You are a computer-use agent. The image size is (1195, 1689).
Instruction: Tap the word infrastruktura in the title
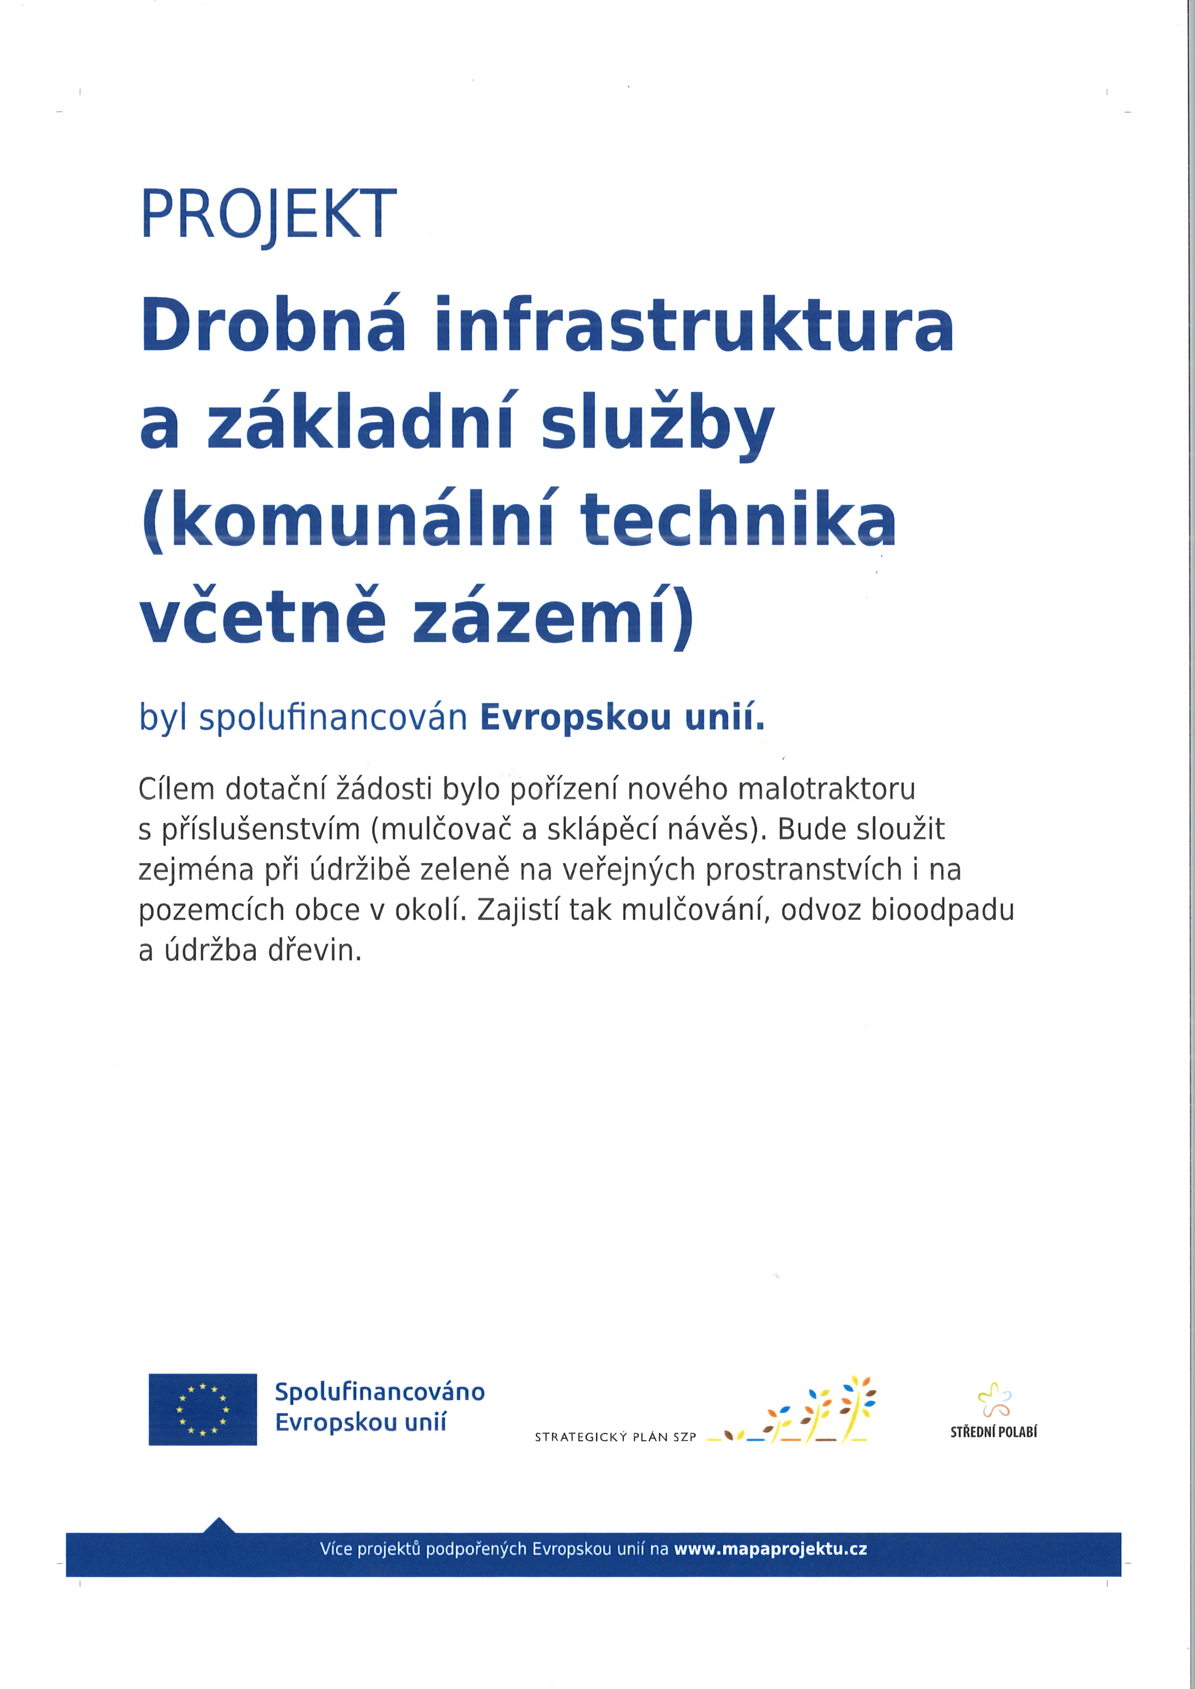click(694, 325)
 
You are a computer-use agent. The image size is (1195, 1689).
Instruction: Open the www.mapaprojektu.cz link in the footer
click(770, 1548)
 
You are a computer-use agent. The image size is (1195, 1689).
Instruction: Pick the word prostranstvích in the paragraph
click(803, 869)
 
